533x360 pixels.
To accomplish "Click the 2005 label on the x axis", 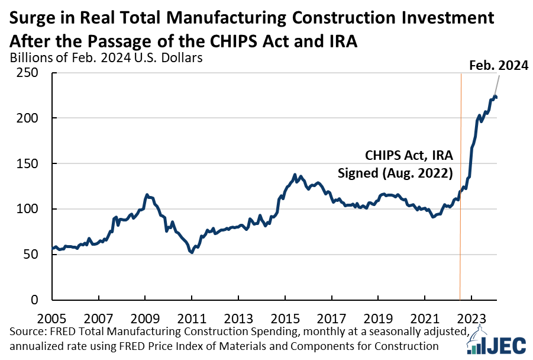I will [x=53, y=316].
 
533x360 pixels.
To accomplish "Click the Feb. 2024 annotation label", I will [x=498, y=66].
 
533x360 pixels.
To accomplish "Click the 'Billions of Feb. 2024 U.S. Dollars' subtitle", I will [x=106, y=58].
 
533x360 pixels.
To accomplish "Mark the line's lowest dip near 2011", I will [x=191, y=253].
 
